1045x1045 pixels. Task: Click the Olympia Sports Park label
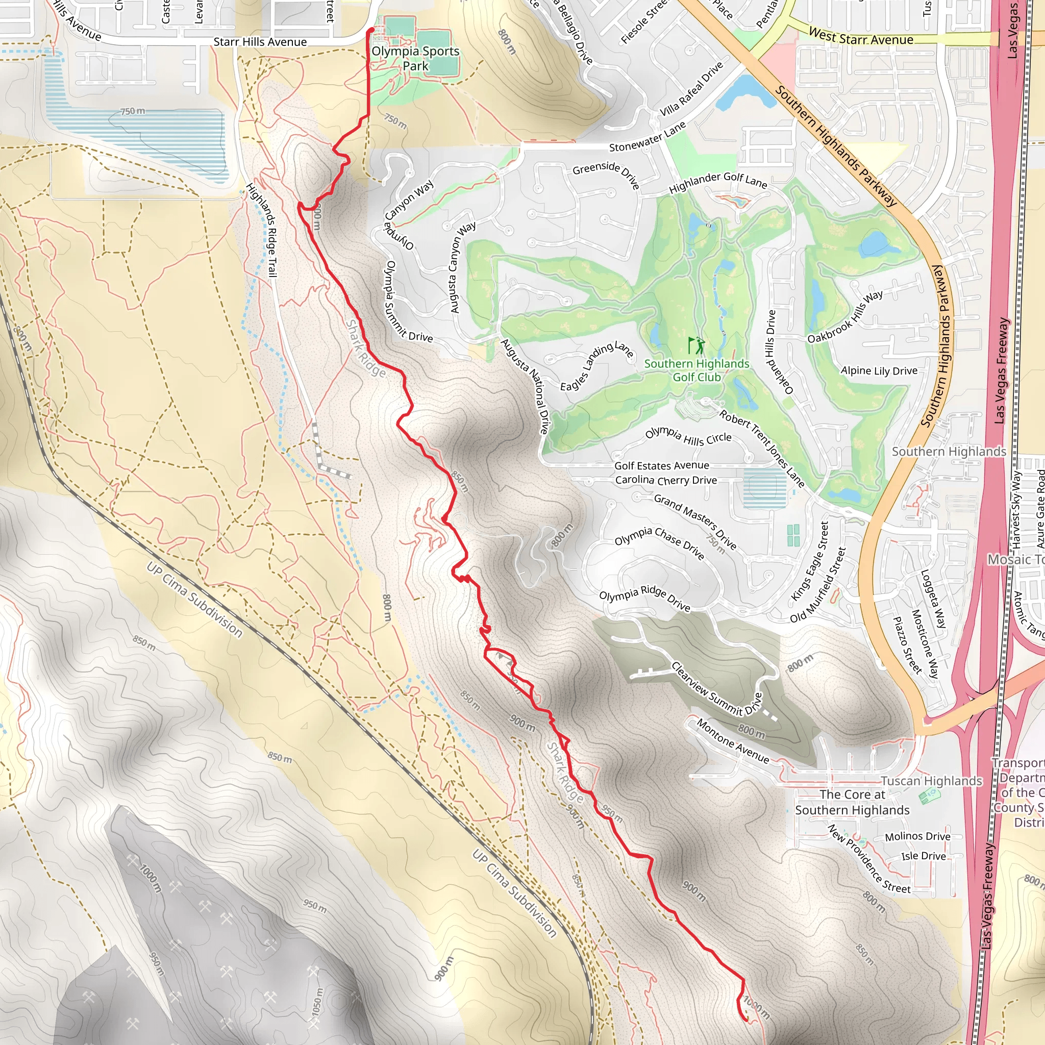(x=415, y=58)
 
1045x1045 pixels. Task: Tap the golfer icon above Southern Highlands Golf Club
(x=696, y=345)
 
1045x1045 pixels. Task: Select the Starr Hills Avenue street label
(x=260, y=42)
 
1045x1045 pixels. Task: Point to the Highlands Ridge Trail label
(x=262, y=231)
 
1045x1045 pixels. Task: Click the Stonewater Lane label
(x=648, y=137)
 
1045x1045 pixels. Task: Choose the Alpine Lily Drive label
(x=879, y=370)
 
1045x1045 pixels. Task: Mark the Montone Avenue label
(x=733, y=740)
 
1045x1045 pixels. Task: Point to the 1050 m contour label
(x=317, y=1009)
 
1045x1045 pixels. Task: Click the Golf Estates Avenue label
(x=661, y=465)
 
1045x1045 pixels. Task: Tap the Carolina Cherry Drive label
(x=666, y=480)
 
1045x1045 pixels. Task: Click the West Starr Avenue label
(x=861, y=37)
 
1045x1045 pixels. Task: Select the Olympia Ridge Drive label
(x=645, y=598)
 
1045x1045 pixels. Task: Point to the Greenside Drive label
(x=606, y=175)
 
